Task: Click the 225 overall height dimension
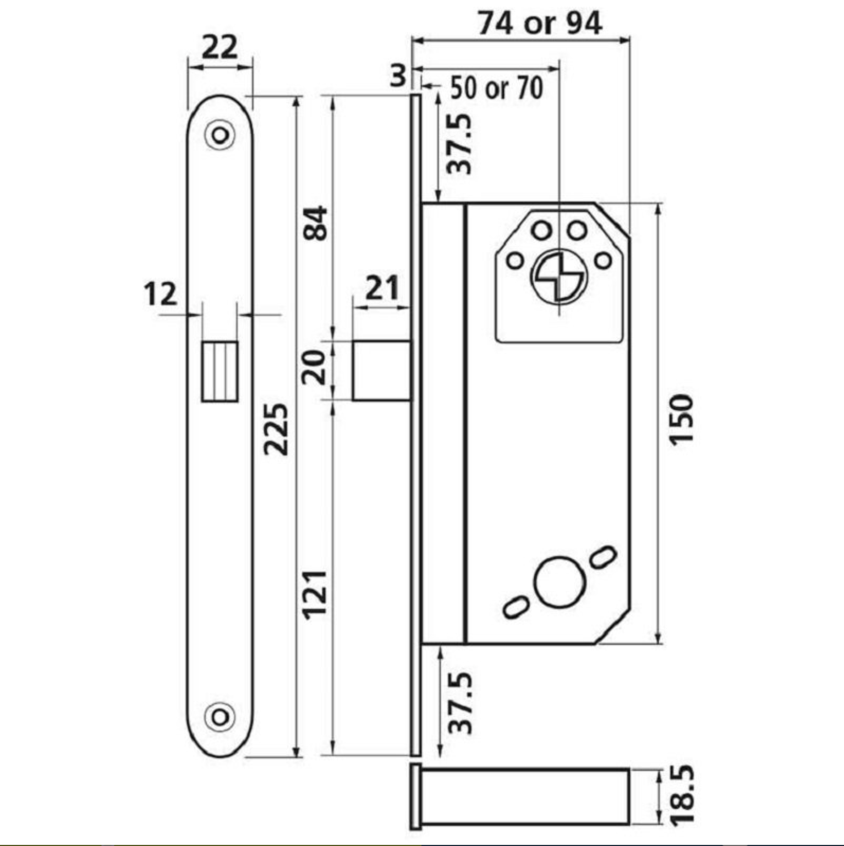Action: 276,429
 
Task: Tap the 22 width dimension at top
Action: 220,47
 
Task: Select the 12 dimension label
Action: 160,294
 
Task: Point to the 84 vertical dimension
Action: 316,223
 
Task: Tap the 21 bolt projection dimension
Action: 381,288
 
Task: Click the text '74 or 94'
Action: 540,24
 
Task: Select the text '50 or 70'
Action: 497,88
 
